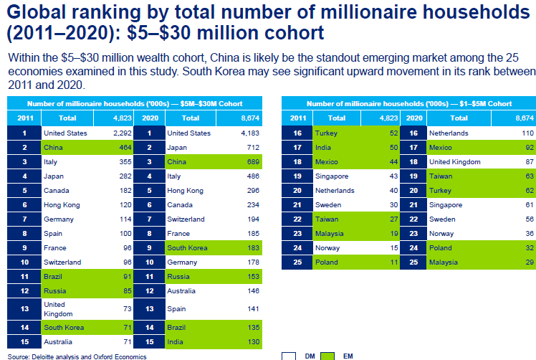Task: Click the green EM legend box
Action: coord(327,355)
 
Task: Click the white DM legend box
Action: coord(289,355)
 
